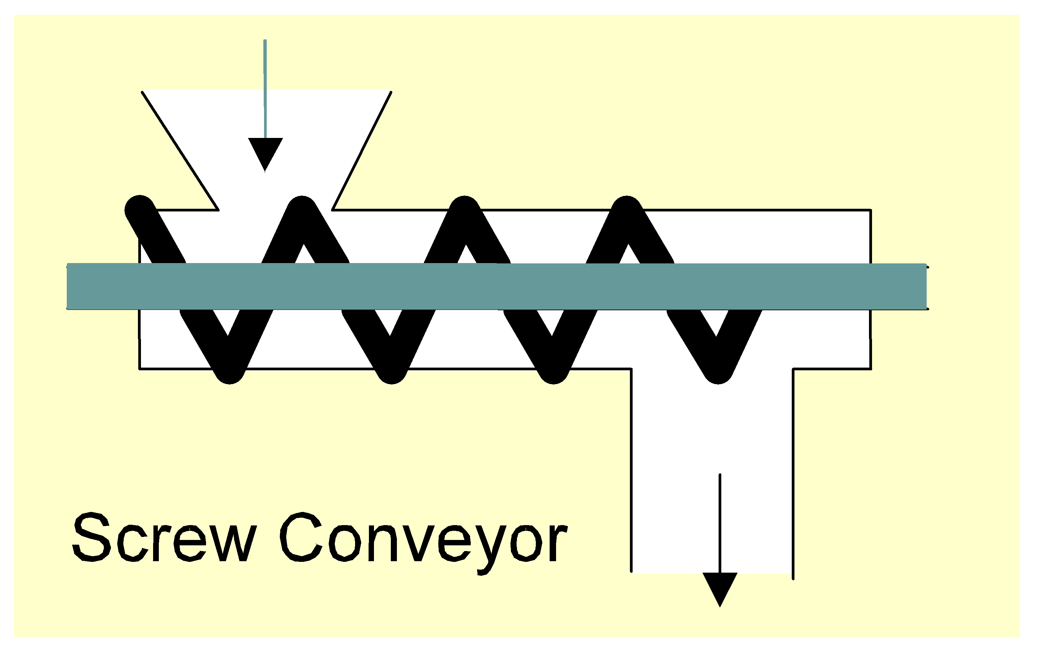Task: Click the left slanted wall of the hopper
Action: [x=180, y=150]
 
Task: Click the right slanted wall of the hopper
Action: [x=361, y=150]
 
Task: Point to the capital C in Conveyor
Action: [x=302, y=537]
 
